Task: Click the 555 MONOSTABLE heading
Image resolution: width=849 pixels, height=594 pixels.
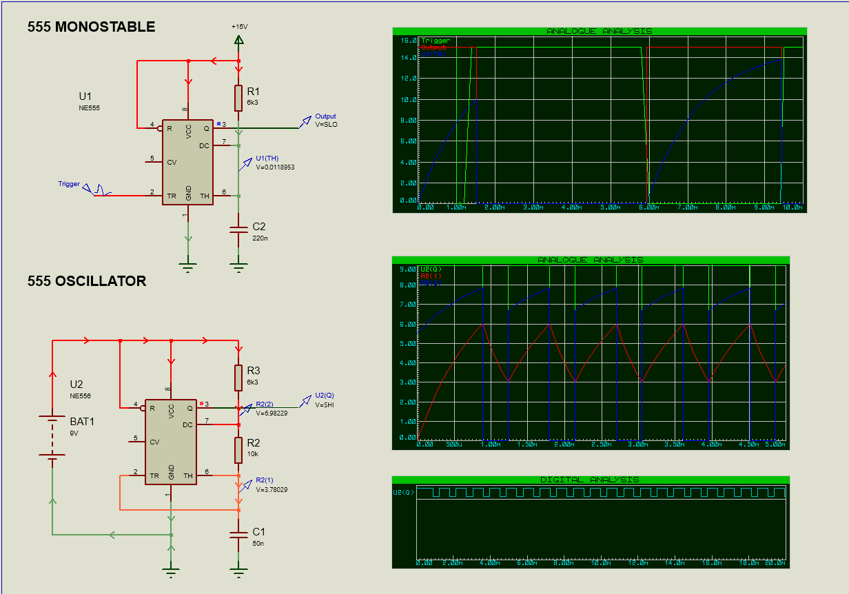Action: (91, 27)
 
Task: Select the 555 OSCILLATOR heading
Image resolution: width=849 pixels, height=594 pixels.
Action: (87, 281)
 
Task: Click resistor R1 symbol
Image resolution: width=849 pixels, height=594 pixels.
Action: (238, 98)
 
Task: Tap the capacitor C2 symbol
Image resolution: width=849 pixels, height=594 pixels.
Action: (238, 231)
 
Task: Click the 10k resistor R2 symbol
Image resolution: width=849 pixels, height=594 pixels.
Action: (238, 449)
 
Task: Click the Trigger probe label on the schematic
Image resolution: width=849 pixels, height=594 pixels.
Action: (69, 184)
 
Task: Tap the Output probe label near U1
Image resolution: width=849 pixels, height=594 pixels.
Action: (325, 116)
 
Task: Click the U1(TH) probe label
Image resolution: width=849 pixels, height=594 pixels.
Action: (267, 158)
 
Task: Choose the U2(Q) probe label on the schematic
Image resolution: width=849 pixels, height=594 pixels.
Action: (324, 395)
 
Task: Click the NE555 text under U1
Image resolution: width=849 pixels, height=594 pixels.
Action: (90, 108)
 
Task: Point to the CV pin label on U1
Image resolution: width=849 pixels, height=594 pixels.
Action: (172, 162)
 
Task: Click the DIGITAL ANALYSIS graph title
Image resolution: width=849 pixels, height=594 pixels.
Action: (589, 480)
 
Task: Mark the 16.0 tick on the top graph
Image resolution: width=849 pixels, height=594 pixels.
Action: (409, 41)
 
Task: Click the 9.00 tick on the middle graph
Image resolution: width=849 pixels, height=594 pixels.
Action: (409, 269)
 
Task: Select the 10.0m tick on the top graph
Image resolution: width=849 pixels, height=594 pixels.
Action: (792, 207)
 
